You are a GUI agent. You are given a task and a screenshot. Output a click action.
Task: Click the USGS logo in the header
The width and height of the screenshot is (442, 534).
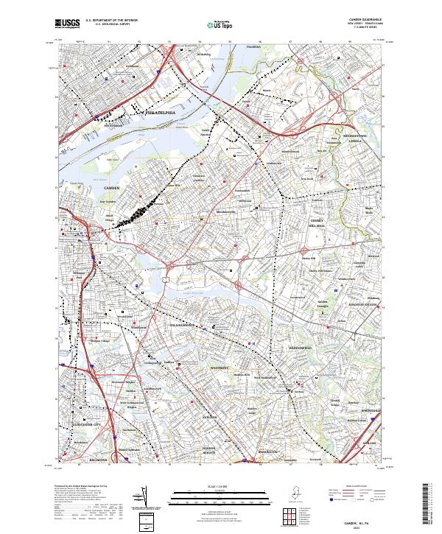(x=68, y=24)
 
